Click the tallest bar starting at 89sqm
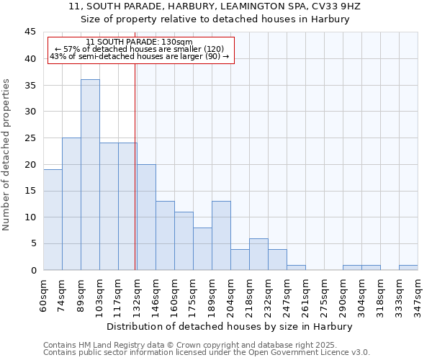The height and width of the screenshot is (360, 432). pyautogui.click(x=90, y=175)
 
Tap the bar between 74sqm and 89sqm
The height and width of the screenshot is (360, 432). pyautogui.click(x=71, y=204)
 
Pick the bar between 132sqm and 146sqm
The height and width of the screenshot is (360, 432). pyautogui.click(x=146, y=217)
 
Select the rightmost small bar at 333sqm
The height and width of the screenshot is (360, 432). pyautogui.click(x=408, y=268)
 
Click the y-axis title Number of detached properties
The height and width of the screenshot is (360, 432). pyautogui.click(x=7, y=154)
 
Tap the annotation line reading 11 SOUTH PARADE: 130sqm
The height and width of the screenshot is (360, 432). pyautogui.click(x=139, y=42)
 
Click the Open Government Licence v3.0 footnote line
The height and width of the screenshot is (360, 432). pyautogui.click(x=206, y=352)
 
